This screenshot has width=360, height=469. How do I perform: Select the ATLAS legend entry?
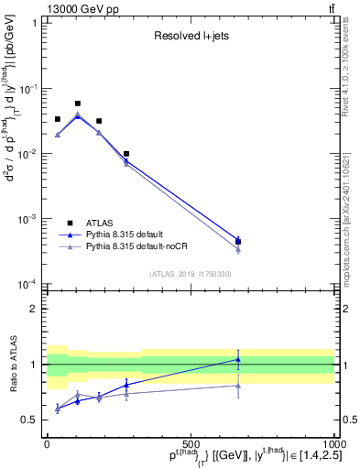(100, 223)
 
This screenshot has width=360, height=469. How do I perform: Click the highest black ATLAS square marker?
(78, 104)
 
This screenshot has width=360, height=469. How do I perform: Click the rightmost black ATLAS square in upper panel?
(238, 242)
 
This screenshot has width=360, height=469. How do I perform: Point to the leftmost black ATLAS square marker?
(58, 119)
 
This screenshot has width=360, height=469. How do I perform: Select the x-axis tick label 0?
(48, 444)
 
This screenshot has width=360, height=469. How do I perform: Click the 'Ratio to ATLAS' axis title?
(12, 364)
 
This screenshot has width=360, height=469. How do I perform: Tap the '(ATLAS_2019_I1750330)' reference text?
(190, 274)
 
